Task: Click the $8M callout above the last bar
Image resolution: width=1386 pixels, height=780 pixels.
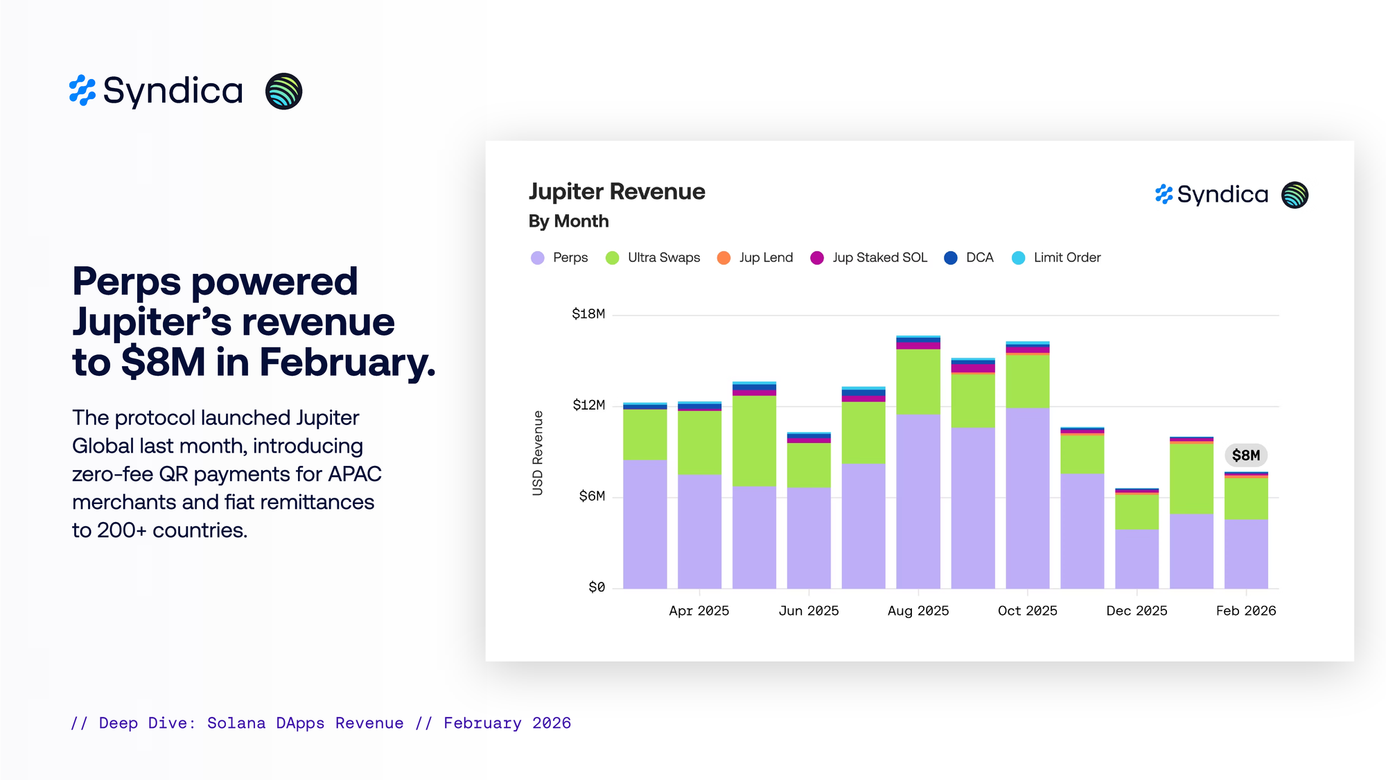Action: tap(1245, 456)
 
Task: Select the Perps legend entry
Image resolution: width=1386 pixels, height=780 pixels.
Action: tap(560, 258)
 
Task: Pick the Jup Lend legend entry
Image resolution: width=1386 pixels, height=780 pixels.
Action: tap(755, 258)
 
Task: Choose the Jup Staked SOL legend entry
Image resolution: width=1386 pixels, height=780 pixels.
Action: tap(869, 258)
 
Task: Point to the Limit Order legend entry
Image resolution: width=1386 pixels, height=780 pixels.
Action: tap(1057, 258)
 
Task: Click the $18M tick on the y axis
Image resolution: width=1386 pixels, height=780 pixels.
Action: tap(588, 314)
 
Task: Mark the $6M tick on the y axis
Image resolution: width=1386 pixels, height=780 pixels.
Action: tap(592, 496)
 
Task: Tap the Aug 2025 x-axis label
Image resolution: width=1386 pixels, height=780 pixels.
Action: tap(918, 611)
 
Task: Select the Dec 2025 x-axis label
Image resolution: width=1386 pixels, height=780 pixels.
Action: tap(1137, 611)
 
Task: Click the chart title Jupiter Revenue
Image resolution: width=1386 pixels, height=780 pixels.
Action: tap(617, 191)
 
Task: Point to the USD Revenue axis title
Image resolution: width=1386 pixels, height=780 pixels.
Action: tap(538, 453)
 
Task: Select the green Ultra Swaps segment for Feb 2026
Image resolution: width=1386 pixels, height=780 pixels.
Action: tap(1246, 499)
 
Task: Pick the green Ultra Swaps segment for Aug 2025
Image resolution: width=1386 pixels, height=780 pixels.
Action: tap(918, 381)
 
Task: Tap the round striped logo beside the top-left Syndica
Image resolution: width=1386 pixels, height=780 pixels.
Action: tap(284, 91)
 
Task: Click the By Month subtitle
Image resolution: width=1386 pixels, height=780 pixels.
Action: tap(569, 221)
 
